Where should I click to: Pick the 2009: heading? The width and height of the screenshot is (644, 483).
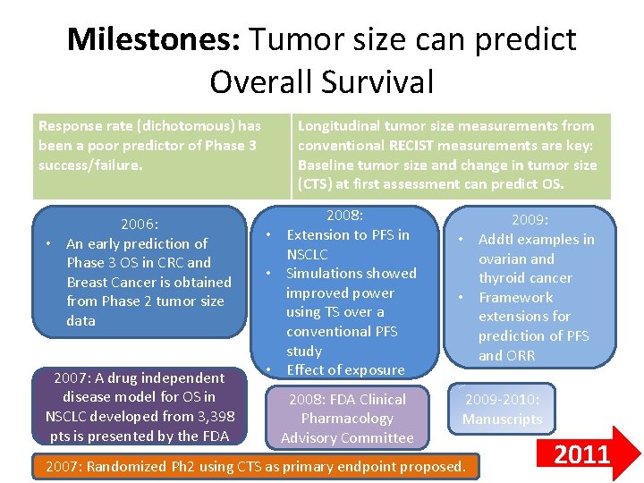point(530,220)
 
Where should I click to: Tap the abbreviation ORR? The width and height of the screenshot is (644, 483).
point(520,356)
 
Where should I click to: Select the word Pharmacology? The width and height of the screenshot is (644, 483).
point(346,419)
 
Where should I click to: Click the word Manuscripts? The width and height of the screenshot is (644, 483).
point(502,419)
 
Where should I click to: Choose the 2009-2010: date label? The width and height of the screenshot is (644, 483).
point(502,400)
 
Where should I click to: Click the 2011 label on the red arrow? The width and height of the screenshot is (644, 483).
point(582,455)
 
